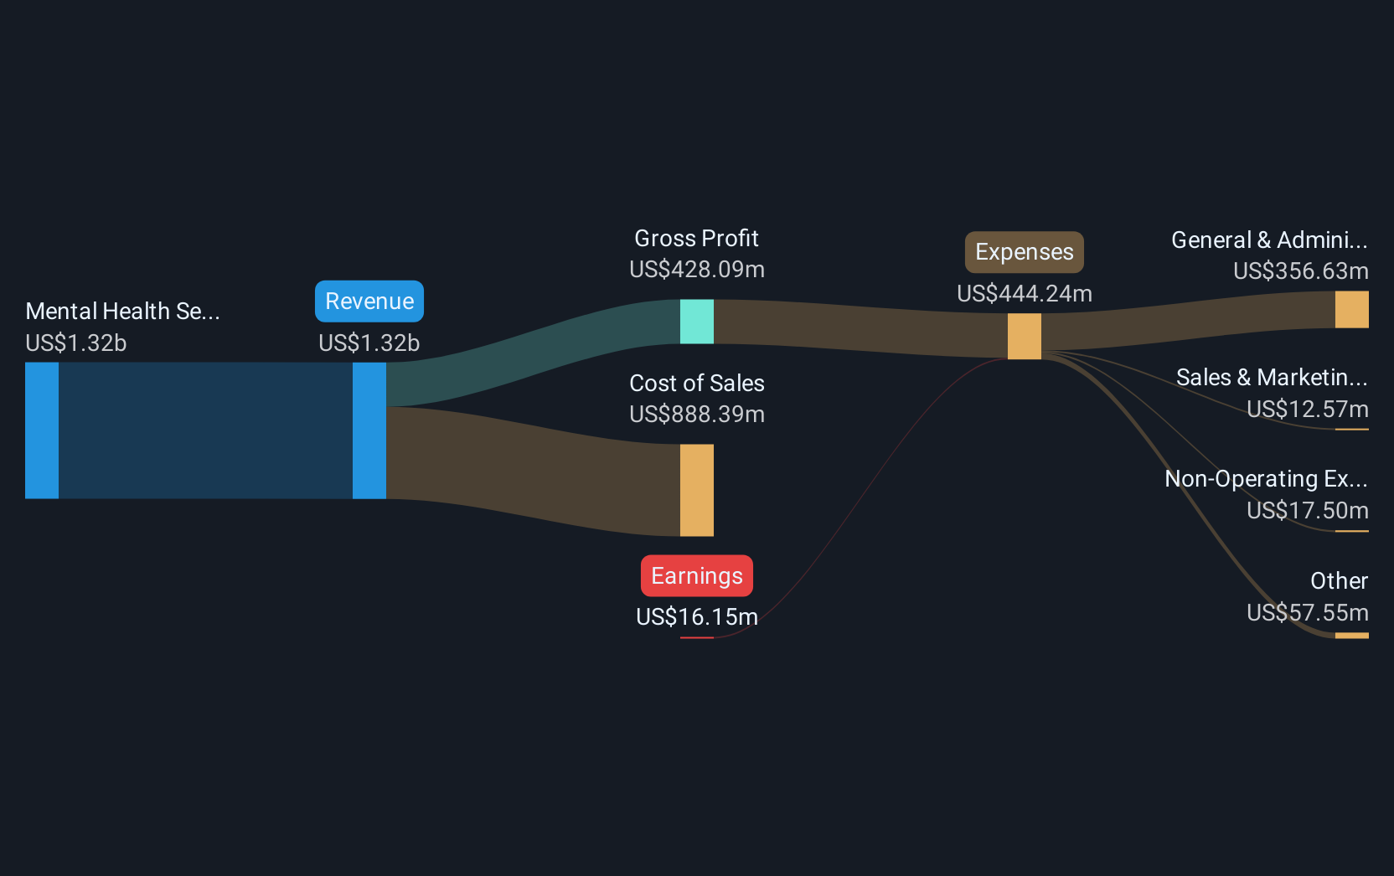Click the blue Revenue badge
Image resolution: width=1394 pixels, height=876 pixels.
[369, 301]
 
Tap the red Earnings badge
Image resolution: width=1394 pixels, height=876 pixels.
[697, 575]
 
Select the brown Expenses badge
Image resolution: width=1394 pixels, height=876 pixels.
[1025, 252]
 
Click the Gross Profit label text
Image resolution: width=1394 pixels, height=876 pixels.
[696, 239]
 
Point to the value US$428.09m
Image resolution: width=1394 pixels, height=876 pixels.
[697, 270]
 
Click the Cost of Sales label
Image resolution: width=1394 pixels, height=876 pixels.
[697, 384]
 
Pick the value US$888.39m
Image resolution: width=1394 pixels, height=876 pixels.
[697, 415]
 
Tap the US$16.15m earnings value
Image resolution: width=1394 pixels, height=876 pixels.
[697, 617]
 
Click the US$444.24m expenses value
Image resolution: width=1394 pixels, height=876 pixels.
[1025, 294]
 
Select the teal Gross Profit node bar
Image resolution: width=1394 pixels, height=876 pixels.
[697, 322]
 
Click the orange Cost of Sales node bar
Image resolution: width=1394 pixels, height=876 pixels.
[697, 490]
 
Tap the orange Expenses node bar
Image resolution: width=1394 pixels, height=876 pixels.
[1025, 336]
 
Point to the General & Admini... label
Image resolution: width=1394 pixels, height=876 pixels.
[1269, 240]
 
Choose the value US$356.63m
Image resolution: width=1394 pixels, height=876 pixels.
[1301, 271]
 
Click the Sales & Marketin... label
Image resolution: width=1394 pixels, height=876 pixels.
[1272, 378]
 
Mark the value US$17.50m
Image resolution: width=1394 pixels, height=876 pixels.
[1308, 511]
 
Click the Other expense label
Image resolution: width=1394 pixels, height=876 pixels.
[1340, 581]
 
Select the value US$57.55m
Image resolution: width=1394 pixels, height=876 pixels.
[1308, 613]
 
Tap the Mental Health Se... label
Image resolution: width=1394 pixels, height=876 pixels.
[122, 311]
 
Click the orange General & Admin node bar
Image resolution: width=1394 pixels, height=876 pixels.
[1351, 309]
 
